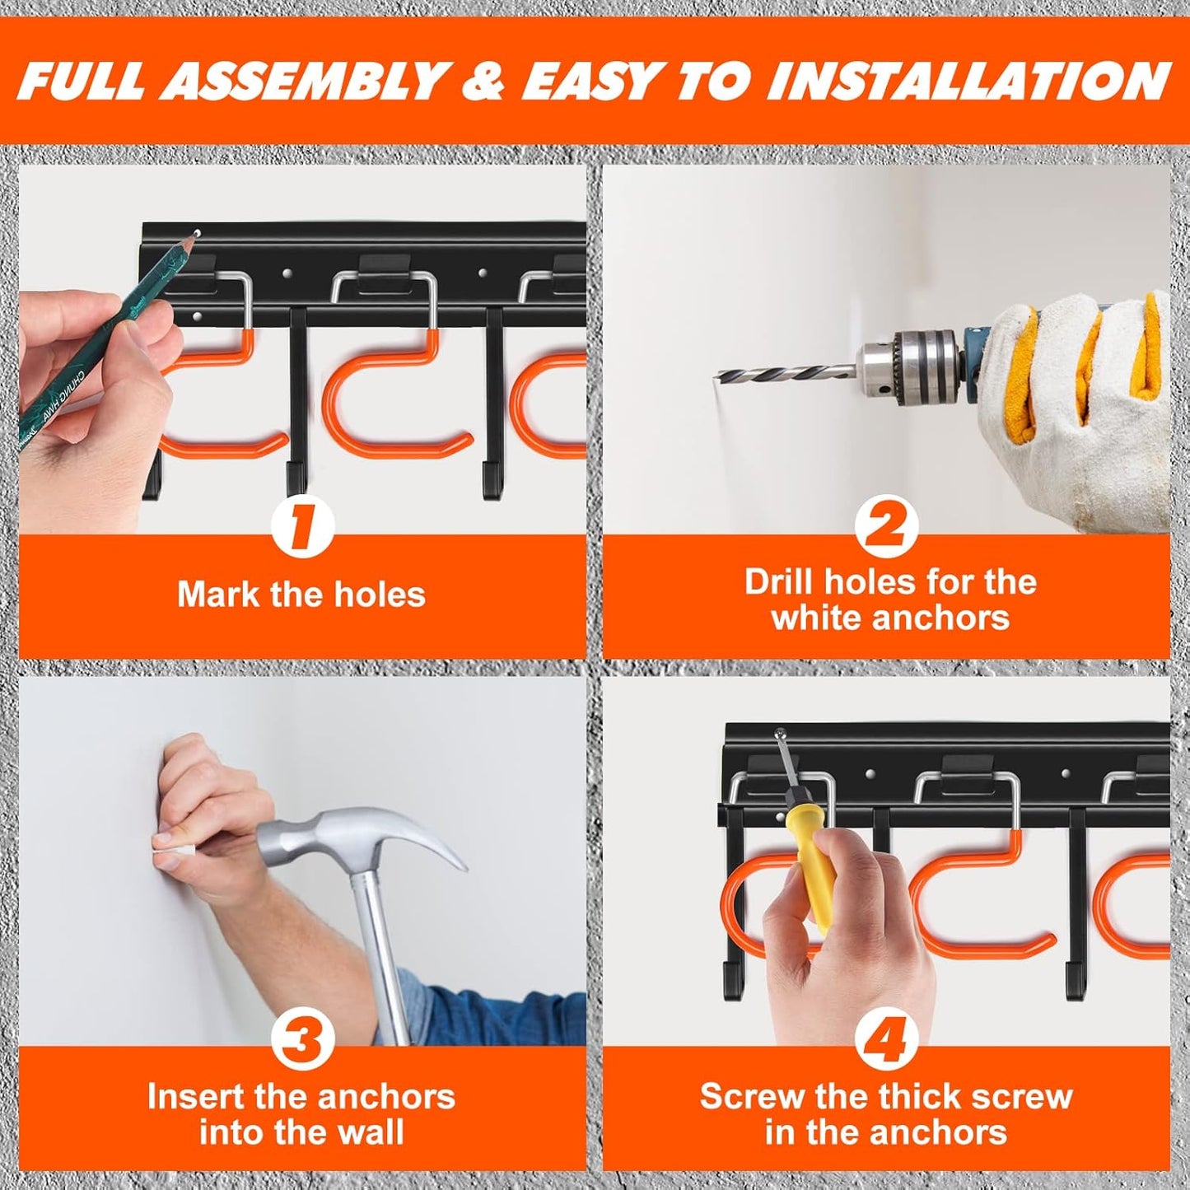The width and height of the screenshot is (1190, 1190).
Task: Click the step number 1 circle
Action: click(x=302, y=527)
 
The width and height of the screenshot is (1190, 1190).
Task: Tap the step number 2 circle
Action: click(x=885, y=527)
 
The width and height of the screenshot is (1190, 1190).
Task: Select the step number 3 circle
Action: click(x=302, y=1039)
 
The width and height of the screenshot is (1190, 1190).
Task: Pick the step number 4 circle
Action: click(x=885, y=1039)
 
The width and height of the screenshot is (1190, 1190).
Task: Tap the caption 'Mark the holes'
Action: click(x=301, y=594)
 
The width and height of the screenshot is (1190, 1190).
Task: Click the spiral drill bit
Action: click(x=782, y=376)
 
